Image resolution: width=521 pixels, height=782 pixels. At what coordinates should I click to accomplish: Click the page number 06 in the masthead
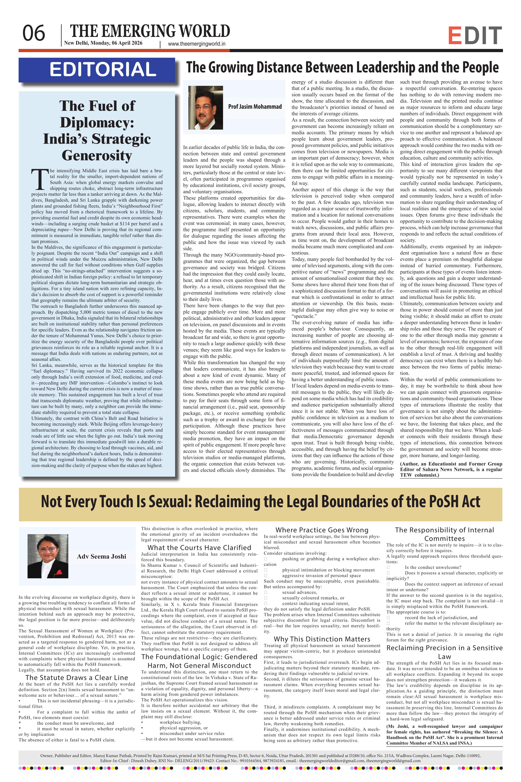click(x=33, y=33)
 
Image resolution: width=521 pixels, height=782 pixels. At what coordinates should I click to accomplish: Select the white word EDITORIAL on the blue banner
click(x=103, y=69)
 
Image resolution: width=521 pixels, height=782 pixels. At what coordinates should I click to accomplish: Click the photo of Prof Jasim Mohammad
click(x=205, y=107)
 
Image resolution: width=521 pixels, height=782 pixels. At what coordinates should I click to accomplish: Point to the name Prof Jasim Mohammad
click(x=255, y=107)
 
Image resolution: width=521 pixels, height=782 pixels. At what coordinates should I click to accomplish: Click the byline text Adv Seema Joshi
click(x=101, y=557)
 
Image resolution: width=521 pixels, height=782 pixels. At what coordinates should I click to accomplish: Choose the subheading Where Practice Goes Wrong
click(x=322, y=530)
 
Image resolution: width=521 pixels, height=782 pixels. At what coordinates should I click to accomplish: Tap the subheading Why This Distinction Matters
click(x=322, y=639)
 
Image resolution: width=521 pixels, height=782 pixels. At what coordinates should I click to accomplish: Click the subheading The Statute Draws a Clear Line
click(x=77, y=678)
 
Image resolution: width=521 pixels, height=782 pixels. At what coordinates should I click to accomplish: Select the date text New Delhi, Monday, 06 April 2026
click(x=103, y=43)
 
